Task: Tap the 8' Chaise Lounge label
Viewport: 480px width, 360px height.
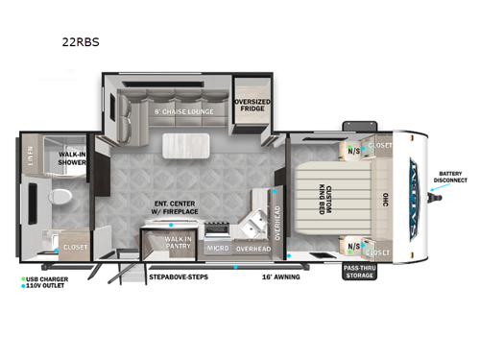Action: click(x=185, y=111)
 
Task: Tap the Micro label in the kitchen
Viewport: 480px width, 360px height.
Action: click(x=217, y=249)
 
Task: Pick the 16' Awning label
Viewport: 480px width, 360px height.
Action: click(x=281, y=276)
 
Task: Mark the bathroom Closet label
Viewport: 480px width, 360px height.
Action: click(x=74, y=247)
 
